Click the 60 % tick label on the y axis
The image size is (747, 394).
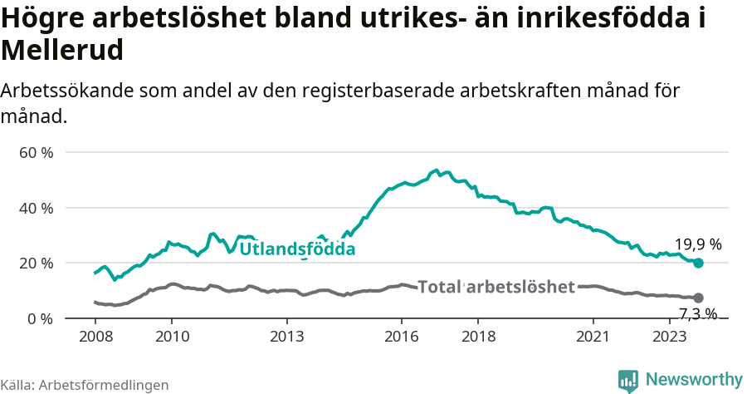tap(36, 153)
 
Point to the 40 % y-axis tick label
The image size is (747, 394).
tap(36, 208)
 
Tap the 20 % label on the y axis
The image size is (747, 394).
tap(36, 263)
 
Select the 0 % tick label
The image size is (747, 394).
tap(40, 318)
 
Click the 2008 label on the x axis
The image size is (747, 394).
tap(95, 337)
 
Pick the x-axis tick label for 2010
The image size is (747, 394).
tap(172, 337)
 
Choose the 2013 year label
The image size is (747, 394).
tap(286, 337)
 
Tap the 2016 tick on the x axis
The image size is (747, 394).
tap(402, 337)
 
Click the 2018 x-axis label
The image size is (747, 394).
tap(478, 337)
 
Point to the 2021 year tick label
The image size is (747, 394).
tap(593, 337)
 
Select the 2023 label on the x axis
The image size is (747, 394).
tap(670, 337)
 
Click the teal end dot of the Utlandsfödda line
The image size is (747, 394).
tap(698, 263)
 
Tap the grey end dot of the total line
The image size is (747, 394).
tap(698, 298)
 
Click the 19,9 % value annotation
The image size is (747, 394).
tap(697, 244)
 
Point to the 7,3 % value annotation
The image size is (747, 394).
tap(697, 314)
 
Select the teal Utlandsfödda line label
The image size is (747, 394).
tap(297, 249)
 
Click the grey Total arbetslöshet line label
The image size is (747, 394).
tap(496, 287)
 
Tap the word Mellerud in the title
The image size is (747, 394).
tap(63, 50)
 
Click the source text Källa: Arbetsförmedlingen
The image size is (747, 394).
tap(85, 385)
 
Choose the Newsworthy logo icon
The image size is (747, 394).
tap(628, 381)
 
